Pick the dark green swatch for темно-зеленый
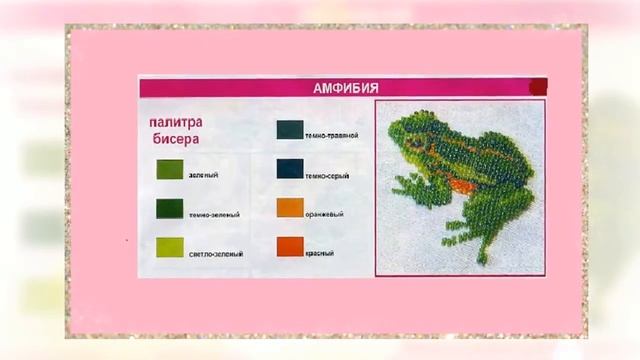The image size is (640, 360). pyautogui.click(x=169, y=208)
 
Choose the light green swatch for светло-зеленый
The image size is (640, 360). pyautogui.click(x=169, y=247)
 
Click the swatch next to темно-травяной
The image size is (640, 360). pyautogui.click(x=289, y=129)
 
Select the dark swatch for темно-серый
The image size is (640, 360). pyautogui.click(x=289, y=168)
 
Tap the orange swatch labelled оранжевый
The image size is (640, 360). pyautogui.click(x=289, y=208)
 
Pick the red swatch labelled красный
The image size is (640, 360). pyautogui.click(x=289, y=247)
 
